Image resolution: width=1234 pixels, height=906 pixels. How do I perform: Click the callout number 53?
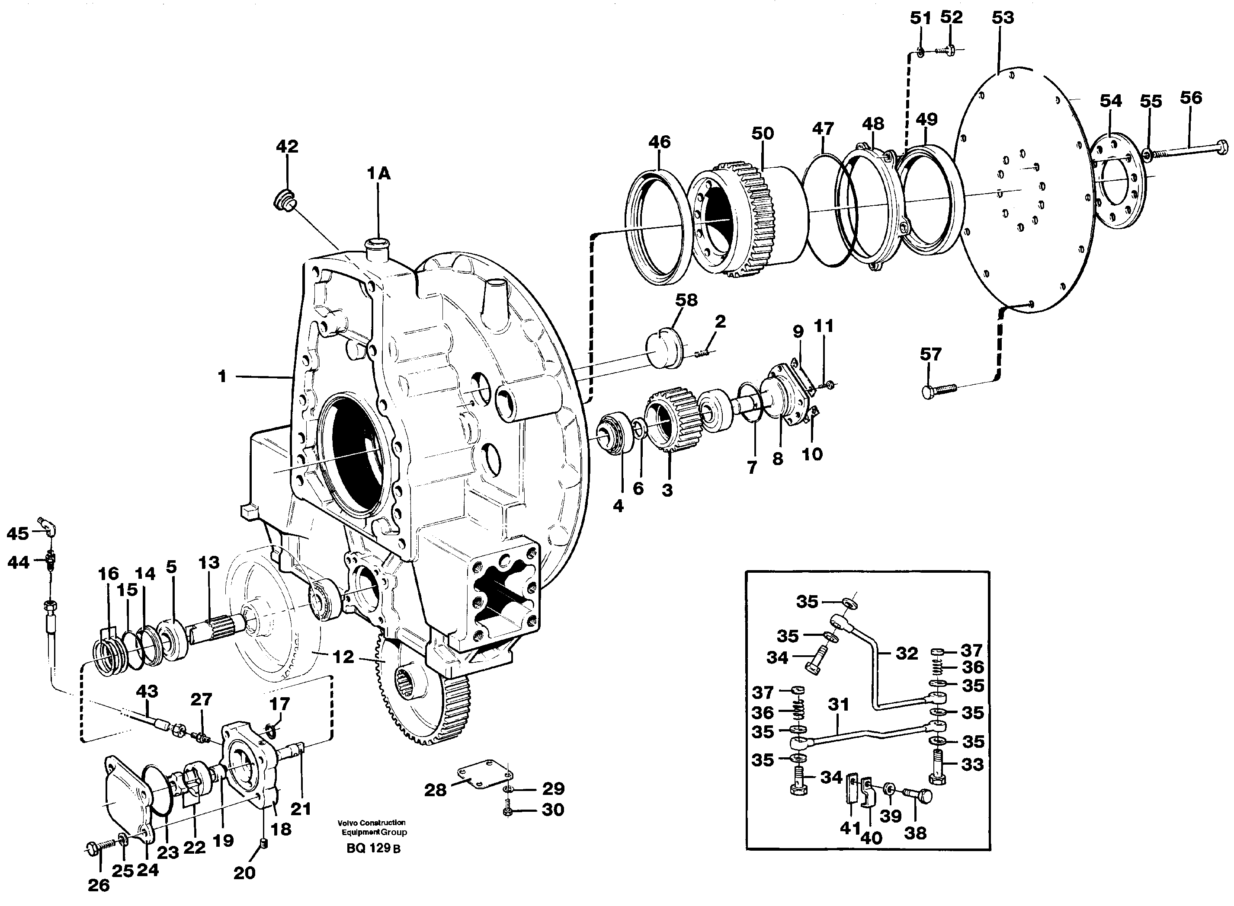(1003, 18)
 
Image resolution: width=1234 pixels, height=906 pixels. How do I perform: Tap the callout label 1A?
(378, 174)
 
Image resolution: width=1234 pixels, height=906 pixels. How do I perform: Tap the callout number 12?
(343, 657)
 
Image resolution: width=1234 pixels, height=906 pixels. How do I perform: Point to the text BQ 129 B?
(374, 849)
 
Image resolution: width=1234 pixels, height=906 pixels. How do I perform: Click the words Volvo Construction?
(372, 822)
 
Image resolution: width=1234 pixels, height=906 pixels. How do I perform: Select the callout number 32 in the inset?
(907, 653)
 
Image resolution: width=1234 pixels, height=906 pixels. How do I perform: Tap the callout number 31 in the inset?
(838, 704)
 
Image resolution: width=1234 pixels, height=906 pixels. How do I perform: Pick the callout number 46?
(659, 142)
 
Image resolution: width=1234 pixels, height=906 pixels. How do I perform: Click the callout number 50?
(762, 133)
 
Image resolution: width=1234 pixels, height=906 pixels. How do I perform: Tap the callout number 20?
(244, 873)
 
